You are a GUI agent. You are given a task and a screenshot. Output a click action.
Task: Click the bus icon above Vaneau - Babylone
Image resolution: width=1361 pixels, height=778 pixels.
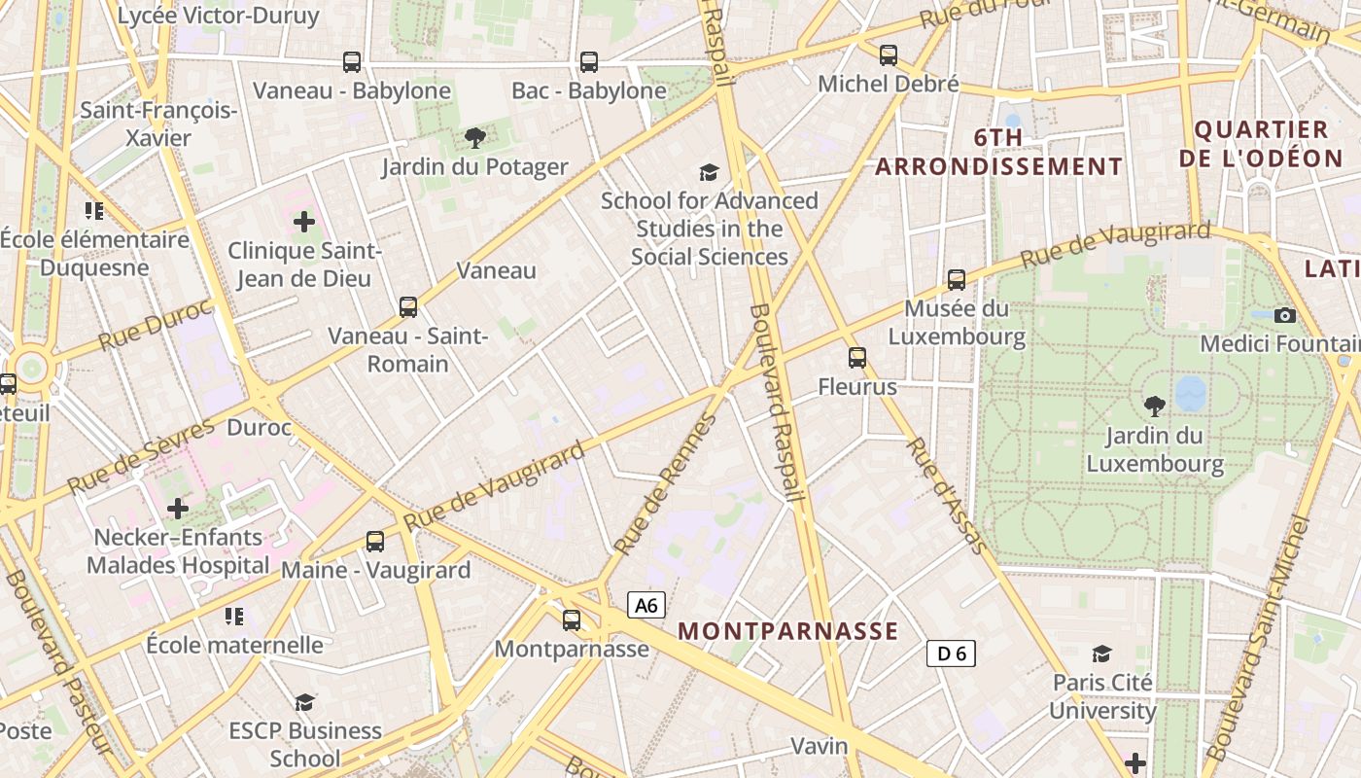352,62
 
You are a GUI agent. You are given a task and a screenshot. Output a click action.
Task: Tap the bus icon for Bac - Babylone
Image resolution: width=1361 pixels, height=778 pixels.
589,62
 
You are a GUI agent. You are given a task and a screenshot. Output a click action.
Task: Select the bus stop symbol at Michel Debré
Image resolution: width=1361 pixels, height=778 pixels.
889,55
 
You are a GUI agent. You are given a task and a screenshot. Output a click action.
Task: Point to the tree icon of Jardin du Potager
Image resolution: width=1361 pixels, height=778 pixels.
474,138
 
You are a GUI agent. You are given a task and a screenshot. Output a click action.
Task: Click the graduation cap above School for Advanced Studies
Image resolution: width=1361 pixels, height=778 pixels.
710,172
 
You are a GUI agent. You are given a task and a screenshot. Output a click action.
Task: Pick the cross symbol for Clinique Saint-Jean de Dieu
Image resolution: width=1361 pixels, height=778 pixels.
304,222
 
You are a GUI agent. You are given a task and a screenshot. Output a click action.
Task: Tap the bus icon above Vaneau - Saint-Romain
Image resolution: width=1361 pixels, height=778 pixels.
408,307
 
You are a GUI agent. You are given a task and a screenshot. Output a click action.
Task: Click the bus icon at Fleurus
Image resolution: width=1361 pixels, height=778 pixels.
856,358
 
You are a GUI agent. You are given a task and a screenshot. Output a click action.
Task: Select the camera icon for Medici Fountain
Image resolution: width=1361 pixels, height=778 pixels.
1285,315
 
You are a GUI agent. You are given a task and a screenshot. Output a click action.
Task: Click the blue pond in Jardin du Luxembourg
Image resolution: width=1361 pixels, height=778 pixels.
1190,394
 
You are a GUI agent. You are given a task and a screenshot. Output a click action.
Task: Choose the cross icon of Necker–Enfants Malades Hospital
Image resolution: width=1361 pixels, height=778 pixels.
178,508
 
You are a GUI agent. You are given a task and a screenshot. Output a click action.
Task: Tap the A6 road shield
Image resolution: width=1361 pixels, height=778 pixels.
646,606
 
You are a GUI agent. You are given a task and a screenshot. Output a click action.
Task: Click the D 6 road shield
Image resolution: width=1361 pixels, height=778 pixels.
951,654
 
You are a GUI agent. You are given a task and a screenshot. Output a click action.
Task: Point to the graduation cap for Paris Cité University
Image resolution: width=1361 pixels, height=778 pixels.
1101,654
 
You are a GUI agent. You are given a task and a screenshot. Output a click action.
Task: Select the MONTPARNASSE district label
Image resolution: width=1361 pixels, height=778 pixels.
788,631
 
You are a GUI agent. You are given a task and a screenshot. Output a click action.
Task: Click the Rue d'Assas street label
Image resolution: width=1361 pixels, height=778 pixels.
947,495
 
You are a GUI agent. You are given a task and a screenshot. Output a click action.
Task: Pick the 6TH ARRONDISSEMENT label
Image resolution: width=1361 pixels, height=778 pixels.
998,152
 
